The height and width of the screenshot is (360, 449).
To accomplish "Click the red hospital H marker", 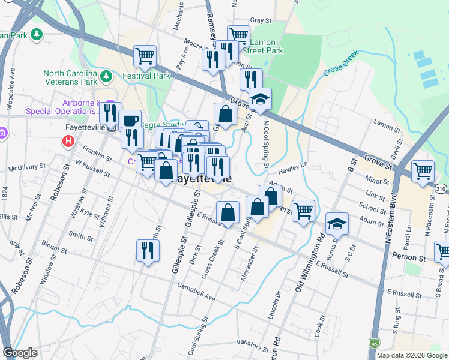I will tap(68, 142).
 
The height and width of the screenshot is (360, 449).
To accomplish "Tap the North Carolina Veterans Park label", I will tap(70, 77).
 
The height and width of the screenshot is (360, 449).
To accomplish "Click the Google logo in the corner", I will tap(20, 353).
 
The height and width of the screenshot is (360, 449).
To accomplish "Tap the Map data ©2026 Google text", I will tap(412, 355).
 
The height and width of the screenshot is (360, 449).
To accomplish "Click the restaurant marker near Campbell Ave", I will tap(146, 250).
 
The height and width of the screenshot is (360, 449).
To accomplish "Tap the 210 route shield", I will tap(442, 190).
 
